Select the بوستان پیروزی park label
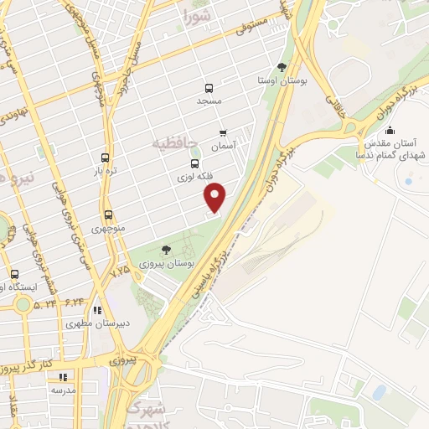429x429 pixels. [x=168, y=262]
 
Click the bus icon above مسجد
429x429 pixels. [x=209, y=87]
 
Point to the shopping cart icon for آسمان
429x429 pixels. [x=223, y=132]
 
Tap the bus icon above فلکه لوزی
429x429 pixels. [x=195, y=164]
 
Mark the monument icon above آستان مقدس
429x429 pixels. [x=390, y=130]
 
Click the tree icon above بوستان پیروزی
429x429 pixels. [x=166, y=249]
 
